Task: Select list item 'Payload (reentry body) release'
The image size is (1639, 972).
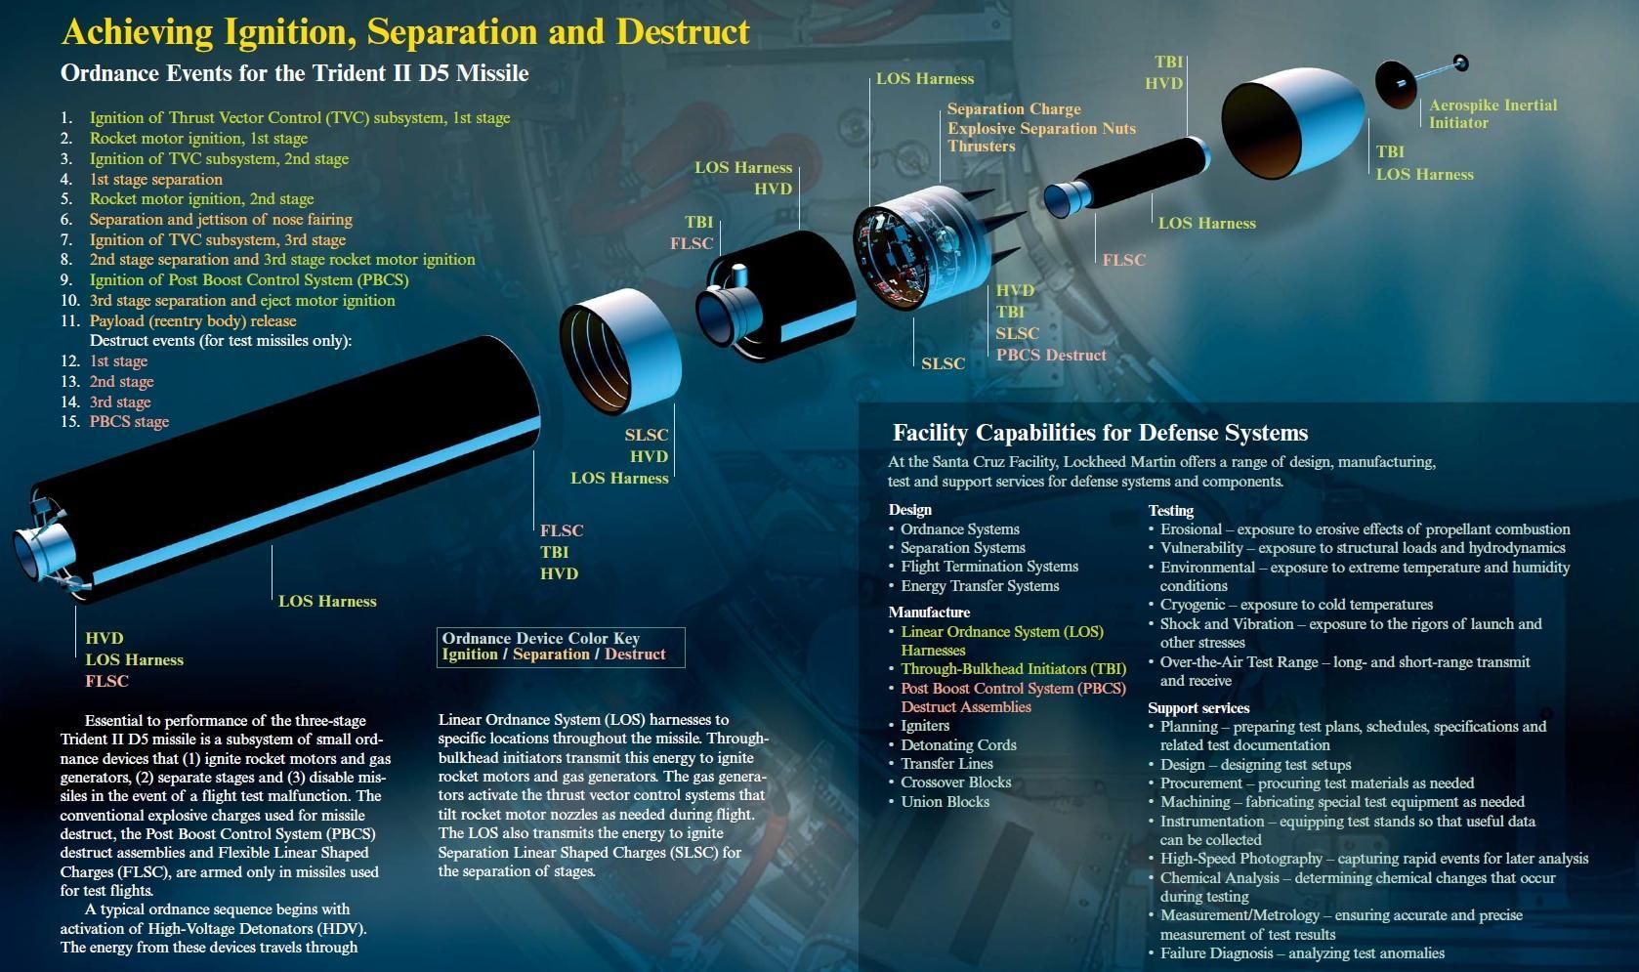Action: coord(192,320)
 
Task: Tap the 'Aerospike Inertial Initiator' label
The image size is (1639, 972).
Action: coord(1492,113)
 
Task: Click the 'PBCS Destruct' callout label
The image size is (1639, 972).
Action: coord(1051,355)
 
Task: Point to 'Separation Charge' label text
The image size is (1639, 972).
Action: coord(1014,109)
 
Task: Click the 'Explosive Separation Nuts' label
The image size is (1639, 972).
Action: coord(1041,128)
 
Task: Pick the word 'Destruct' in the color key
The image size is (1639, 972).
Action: coord(634,655)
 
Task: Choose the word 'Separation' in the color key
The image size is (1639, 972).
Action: coord(551,655)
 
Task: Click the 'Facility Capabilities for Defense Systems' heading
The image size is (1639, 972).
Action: coord(1100,433)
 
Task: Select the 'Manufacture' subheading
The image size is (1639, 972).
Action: coord(929,612)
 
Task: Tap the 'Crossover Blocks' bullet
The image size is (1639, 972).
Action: coord(955,782)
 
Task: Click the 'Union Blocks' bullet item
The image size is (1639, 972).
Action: coord(945,801)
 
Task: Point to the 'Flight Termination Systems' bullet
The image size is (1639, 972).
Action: coord(989,567)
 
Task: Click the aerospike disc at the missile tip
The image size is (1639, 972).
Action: coord(1396,84)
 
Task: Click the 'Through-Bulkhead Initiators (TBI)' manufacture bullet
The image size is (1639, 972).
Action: coord(1014,669)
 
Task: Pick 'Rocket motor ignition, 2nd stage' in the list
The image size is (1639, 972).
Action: coord(201,199)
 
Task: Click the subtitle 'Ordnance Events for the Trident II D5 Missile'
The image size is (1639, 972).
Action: coord(294,73)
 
